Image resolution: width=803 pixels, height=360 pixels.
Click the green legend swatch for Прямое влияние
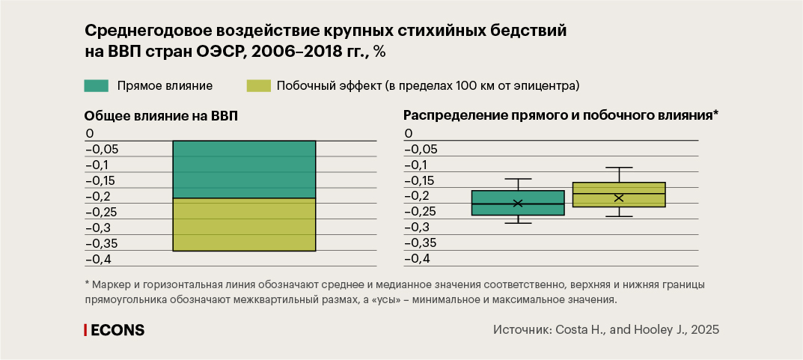[x=97, y=86]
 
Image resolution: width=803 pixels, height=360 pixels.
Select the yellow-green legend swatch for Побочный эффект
[x=257, y=86]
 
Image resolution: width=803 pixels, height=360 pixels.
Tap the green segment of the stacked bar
[x=244, y=169]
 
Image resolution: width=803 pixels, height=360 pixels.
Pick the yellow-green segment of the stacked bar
[x=244, y=225]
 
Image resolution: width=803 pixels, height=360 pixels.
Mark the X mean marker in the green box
[x=518, y=203]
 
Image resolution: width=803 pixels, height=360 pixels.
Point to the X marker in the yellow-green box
[x=619, y=198]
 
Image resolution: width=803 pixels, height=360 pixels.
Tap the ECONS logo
[x=114, y=330]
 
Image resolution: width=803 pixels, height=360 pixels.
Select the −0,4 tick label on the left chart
[x=100, y=259]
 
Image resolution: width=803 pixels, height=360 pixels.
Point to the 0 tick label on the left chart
[x=89, y=133]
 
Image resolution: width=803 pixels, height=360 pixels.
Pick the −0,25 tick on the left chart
[x=102, y=212]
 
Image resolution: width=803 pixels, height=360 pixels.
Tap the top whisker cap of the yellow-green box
[x=619, y=168]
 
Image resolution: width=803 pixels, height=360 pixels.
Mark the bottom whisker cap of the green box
[x=518, y=223]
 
